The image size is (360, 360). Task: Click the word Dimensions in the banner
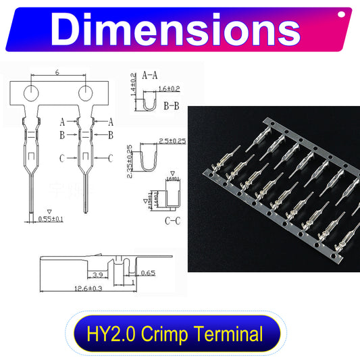click(x=176, y=29)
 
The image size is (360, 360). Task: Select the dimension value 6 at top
click(x=58, y=72)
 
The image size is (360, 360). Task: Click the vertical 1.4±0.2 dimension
click(x=132, y=83)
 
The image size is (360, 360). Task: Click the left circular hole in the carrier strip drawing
click(x=31, y=92)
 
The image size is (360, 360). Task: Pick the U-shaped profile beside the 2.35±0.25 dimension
click(x=147, y=160)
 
